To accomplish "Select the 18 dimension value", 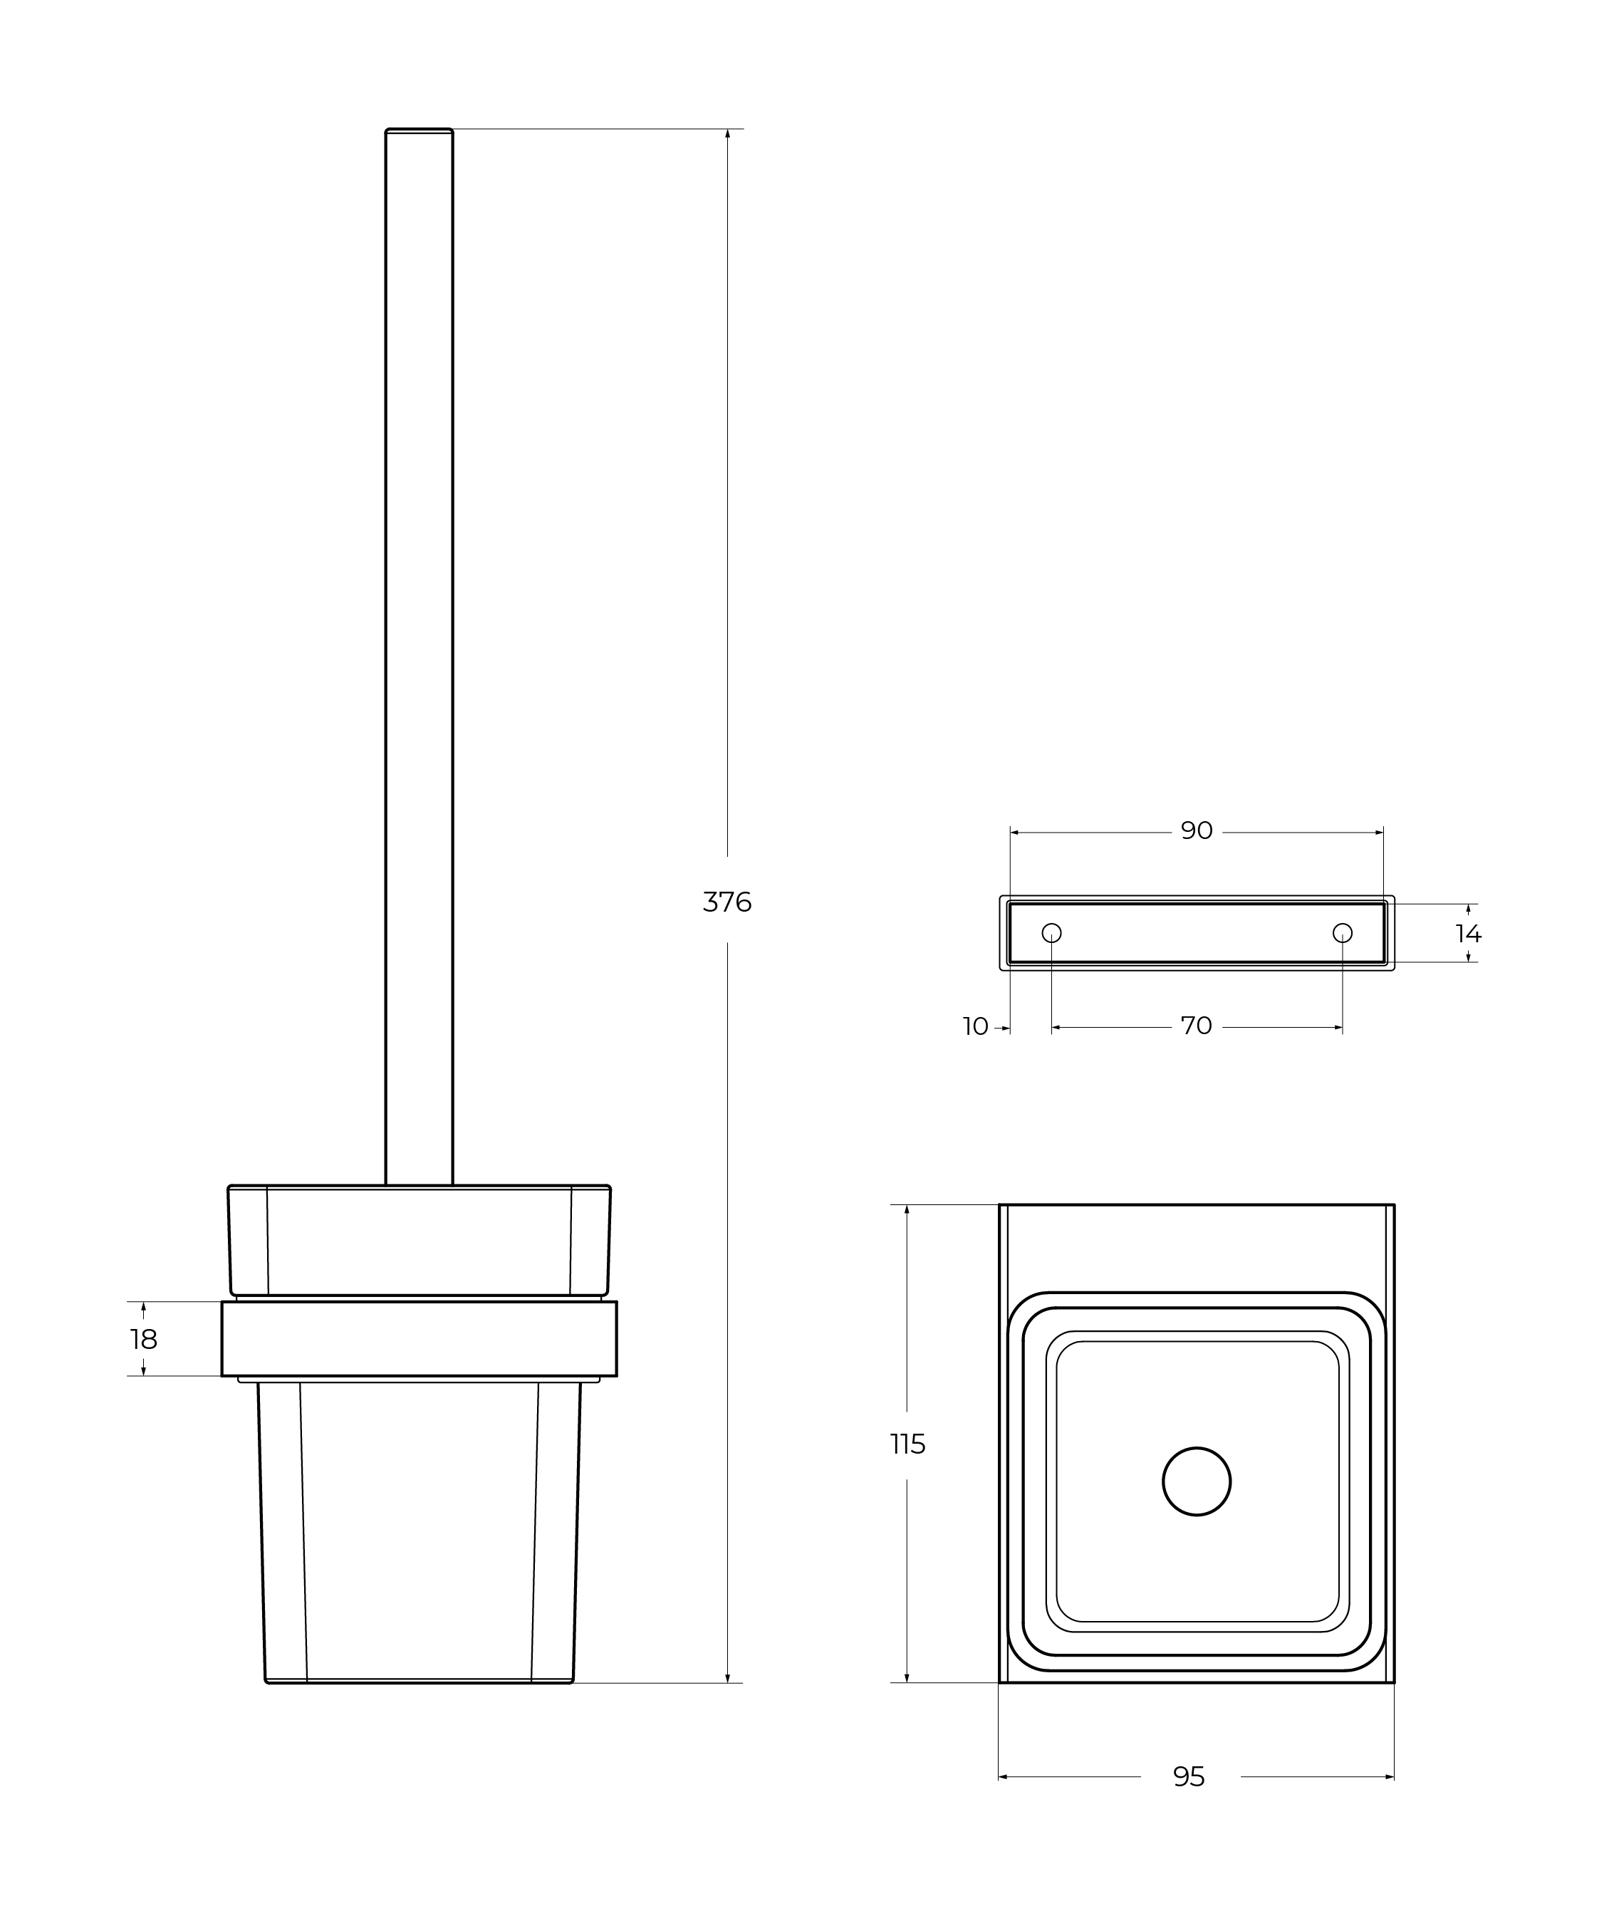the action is tap(144, 1340).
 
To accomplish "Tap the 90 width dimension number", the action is tap(1196, 830).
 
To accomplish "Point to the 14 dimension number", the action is tap(1468, 934).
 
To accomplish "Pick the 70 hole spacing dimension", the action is tap(1196, 1026).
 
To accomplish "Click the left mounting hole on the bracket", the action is tap(1051, 933).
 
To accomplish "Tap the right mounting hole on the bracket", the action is tap(1343, 933).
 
